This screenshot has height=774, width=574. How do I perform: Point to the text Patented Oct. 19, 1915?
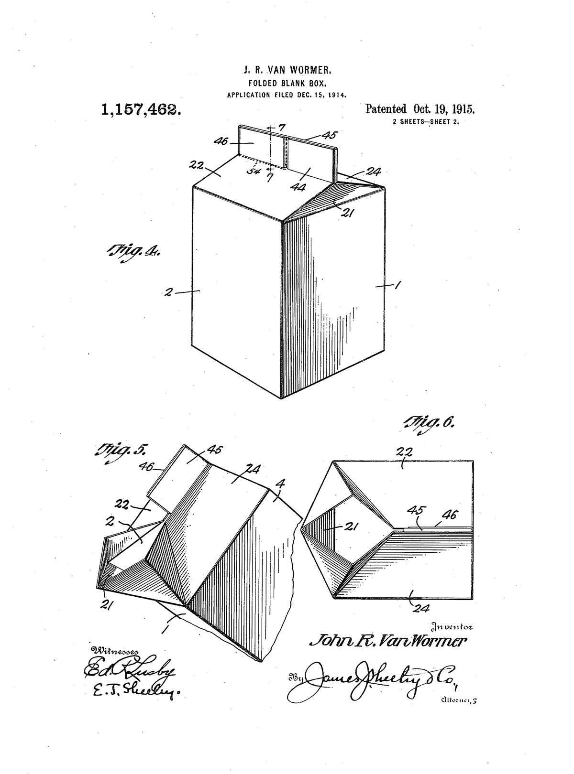pos(419,109)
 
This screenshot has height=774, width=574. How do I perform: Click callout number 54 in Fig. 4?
pos(254,171)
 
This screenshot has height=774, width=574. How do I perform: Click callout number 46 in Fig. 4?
pos(221,141)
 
